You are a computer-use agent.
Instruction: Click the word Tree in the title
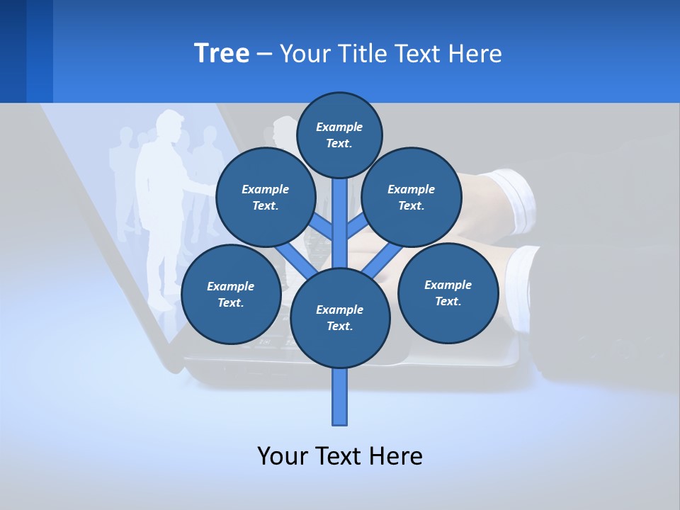[x=222, y=54]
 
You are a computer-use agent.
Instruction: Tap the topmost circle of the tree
[x=339, y=135]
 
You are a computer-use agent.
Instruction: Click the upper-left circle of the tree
[x=265, y=198]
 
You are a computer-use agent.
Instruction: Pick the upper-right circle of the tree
[x=412, y=198]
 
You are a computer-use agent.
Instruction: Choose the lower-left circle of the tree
[x=230, y=295]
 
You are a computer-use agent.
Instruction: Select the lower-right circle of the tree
[x=448, y=293]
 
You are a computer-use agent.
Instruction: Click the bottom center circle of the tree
[x=340, y=318]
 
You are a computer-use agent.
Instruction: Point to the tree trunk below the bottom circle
[x=340, y=397]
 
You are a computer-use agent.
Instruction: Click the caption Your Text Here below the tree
[x=340, y=456]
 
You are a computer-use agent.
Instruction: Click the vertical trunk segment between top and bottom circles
[x=340, y=220]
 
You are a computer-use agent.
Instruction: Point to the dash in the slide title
[x=264, y=55]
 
